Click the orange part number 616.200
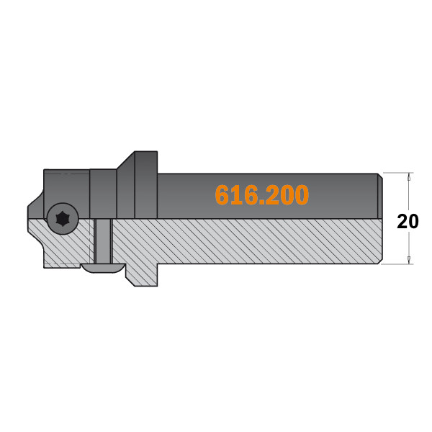[262, 195]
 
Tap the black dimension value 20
[408, 222]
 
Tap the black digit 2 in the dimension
[402, 222]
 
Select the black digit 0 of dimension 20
[413, 222]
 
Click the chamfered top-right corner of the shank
[379, 175]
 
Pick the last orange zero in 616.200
[302, 195]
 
